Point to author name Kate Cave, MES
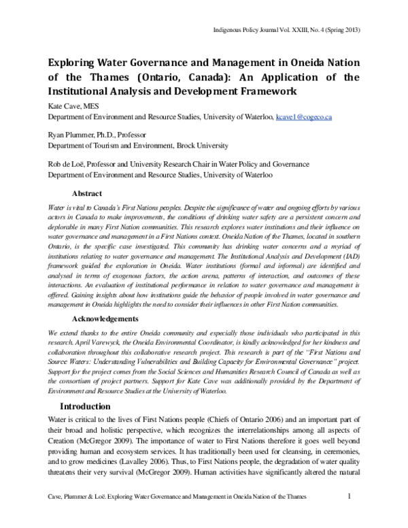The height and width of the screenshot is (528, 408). point(71,105)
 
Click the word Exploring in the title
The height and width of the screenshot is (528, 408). point(71,62)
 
